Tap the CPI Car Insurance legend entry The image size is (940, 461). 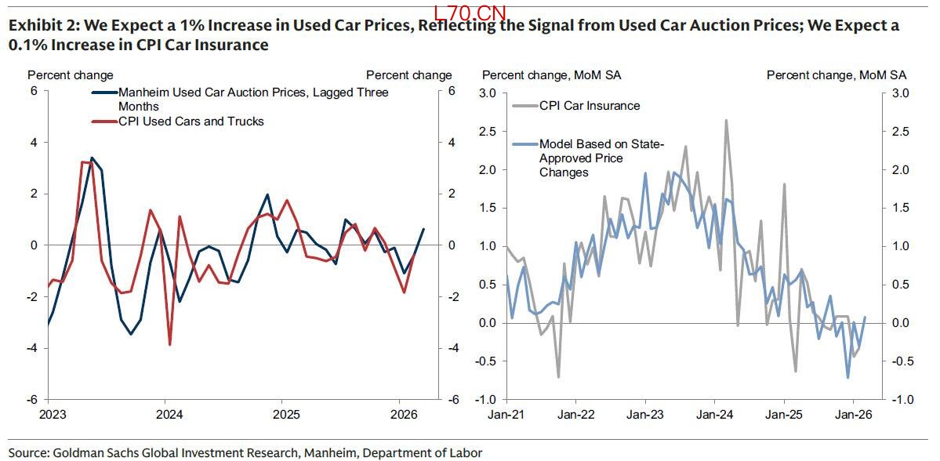(x=589, y=106)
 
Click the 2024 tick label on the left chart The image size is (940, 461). (x=166, y=415)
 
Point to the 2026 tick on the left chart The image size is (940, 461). (x=402, y=415)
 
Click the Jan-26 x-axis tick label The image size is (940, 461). (x=853, y=415)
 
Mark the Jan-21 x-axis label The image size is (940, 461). (x=506, y=415)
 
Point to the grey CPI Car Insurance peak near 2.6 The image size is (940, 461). (x=726, y=121)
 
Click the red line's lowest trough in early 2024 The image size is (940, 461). (x=170, y=344)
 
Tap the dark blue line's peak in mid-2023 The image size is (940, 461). (x=92, y=158)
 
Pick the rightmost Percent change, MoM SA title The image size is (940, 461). (x=836, y=75)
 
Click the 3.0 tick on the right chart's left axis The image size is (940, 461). (x=488, y=93)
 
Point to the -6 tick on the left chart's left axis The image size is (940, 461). (x=34, y=399)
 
